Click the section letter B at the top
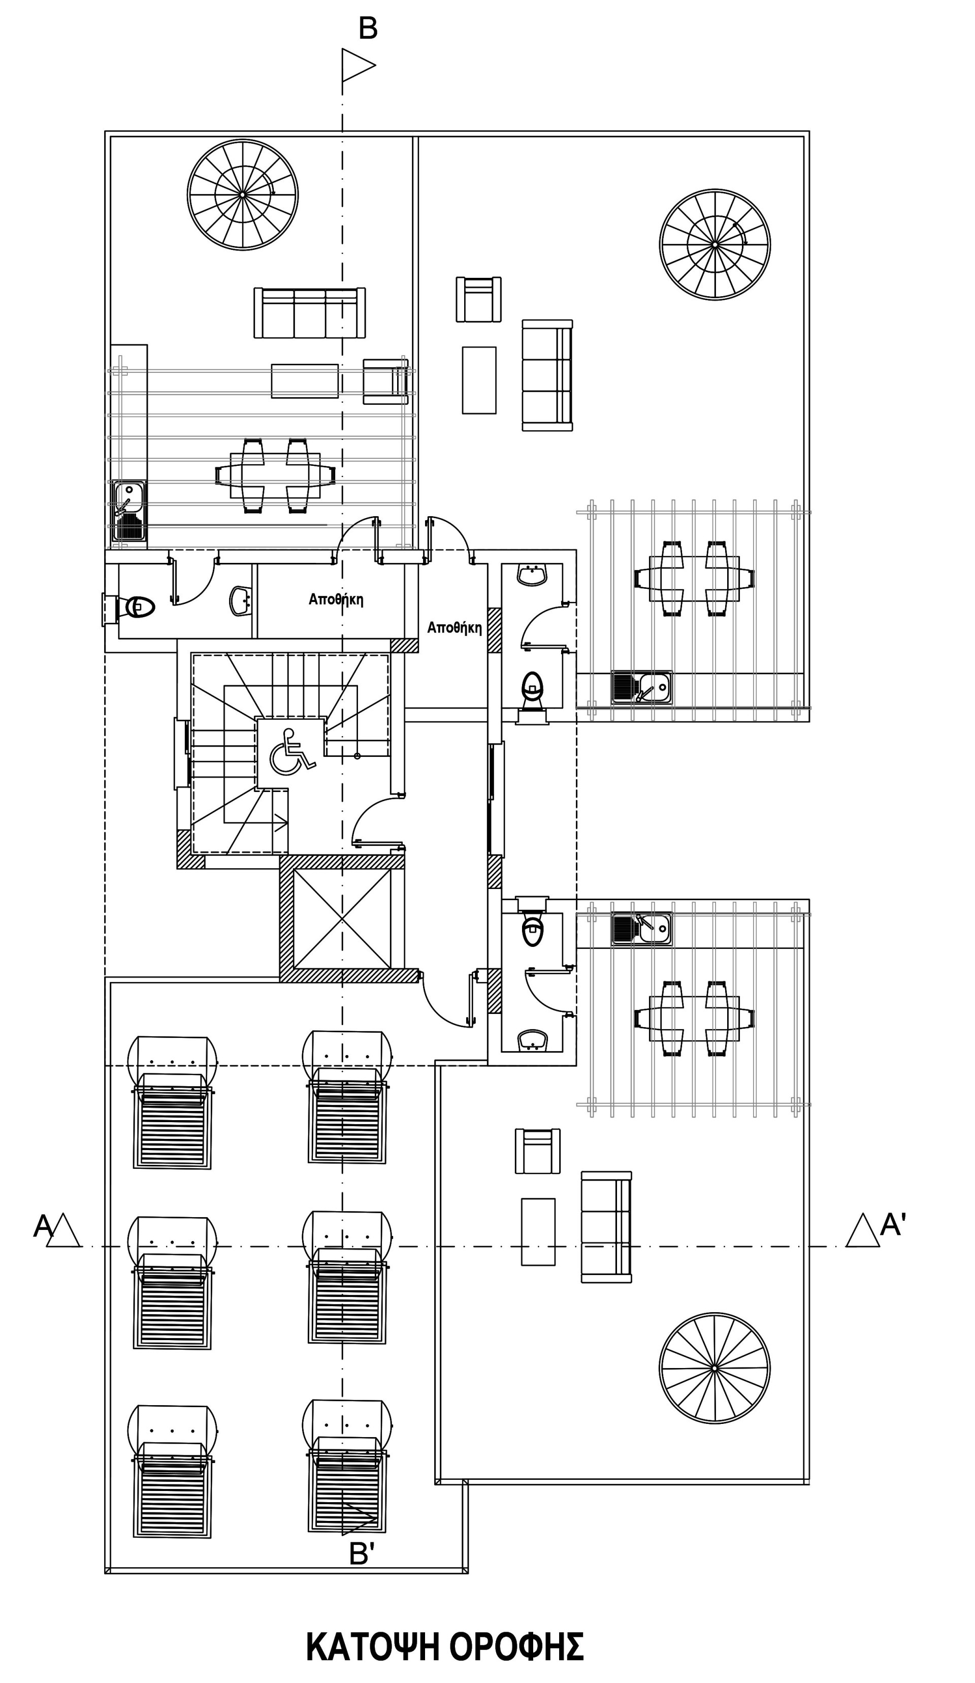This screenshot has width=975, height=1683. tap(368, 29)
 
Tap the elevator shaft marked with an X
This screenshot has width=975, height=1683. tap(342, 919)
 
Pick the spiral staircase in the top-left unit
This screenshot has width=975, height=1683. tap(242, 195)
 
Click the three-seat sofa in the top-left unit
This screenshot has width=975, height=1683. tap(309, 312)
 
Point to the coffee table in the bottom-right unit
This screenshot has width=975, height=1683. tap(538, 1231)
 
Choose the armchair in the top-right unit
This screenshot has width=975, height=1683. tap(479, 299)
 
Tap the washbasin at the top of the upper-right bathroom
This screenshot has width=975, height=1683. tap(532, 575)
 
